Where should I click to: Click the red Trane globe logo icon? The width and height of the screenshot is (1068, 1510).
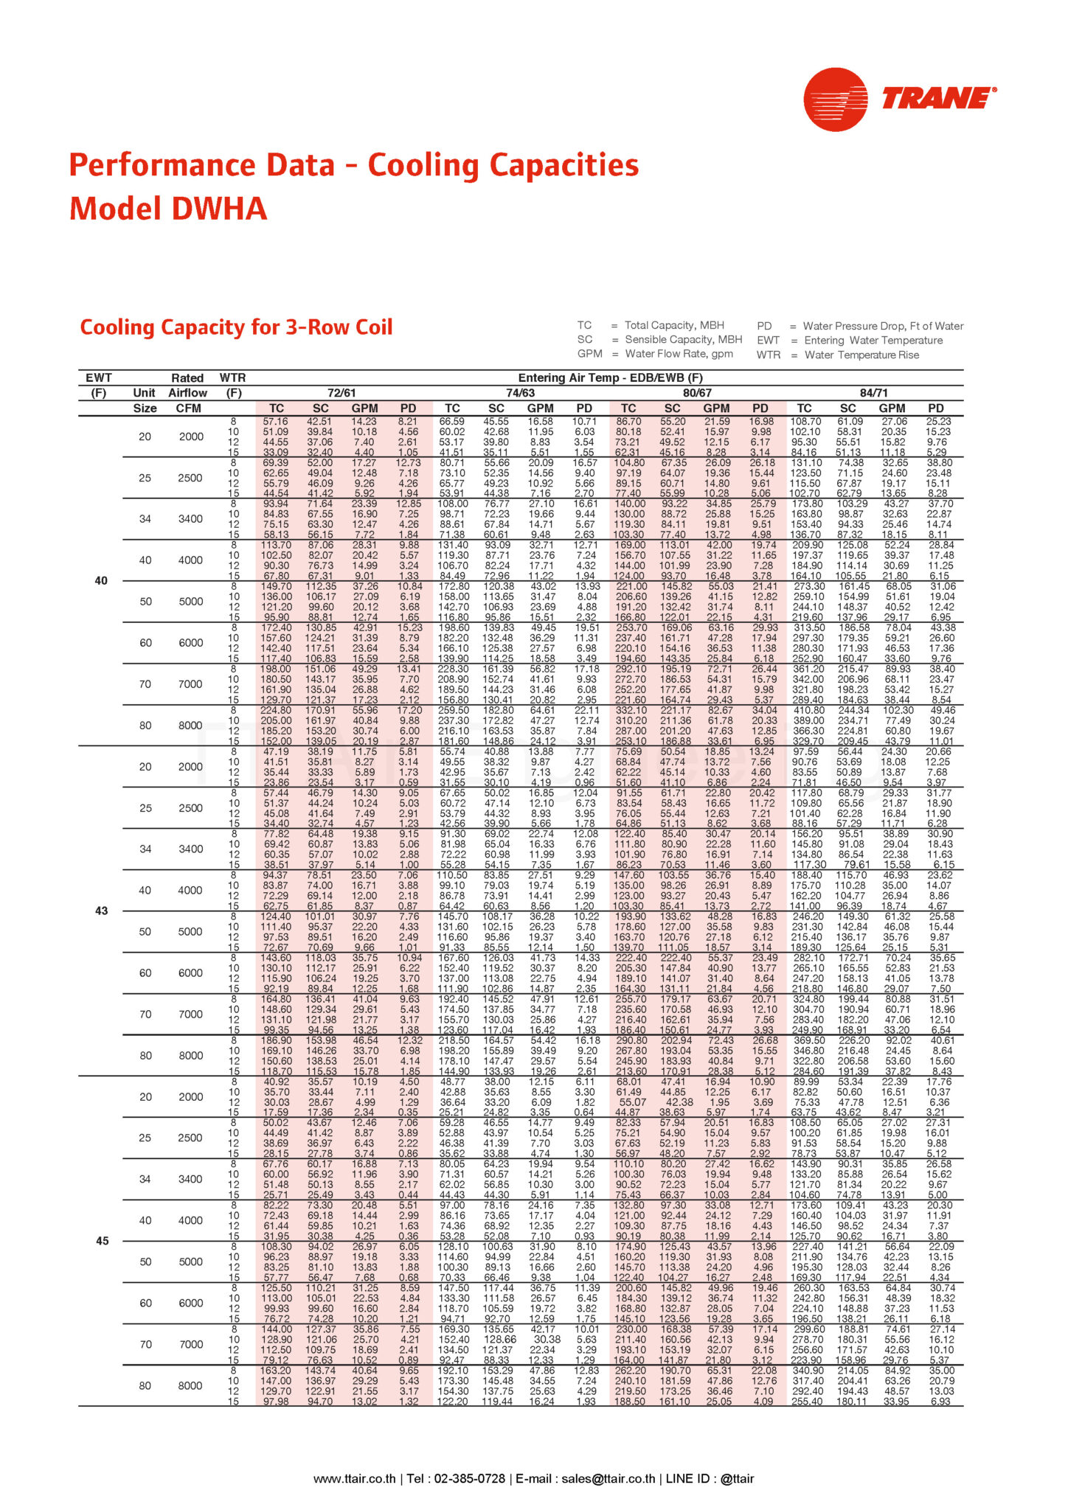836,100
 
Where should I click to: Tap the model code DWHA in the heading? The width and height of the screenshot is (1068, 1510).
219,209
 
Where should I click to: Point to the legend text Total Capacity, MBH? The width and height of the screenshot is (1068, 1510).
674,325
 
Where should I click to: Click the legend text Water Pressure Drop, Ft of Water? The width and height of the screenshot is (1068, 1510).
883,326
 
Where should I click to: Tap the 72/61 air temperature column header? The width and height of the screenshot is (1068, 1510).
341,393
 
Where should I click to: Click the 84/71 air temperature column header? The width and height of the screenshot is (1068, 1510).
873,393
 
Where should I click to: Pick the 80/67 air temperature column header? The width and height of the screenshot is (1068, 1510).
697,393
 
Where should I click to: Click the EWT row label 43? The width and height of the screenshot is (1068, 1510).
102,911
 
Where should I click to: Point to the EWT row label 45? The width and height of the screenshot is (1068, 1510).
102,1241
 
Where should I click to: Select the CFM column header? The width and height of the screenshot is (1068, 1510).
188,408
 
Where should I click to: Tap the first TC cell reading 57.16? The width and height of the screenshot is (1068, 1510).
275,422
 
